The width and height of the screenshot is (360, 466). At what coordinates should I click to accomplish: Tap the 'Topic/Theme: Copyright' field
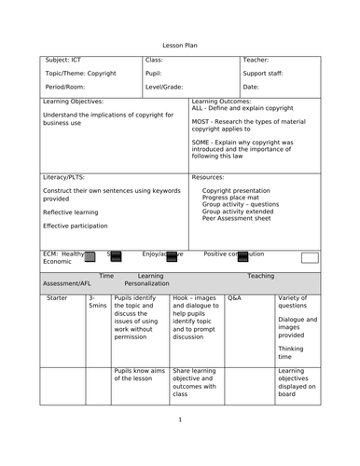pyautogui.click(x=80, y=72)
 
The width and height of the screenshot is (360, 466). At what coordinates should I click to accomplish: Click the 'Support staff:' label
pyautogui.click(x=264, y=72)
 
